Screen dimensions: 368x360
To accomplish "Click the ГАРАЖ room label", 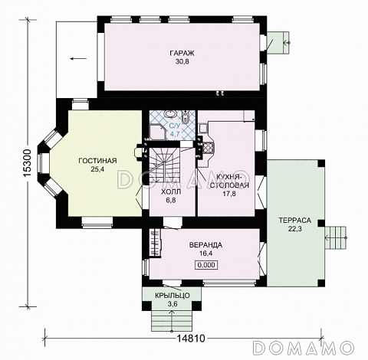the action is [182, 54].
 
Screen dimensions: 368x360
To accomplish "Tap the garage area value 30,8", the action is [182, 62].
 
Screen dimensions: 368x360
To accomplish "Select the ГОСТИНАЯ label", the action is [97, 161].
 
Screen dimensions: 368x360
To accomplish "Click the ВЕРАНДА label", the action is [205, 245].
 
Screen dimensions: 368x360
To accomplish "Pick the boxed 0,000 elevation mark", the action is [206, 265].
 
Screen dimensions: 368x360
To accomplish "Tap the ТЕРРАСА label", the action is [295, 221].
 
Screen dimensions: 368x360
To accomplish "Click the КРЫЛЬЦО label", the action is [172, 296].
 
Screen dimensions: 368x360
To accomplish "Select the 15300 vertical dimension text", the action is [27, 163].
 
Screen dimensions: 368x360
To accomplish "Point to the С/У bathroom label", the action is [175, 126].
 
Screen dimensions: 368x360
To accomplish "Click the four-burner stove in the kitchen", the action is [208, 148].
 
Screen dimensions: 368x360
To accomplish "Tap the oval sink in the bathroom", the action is [169, 114].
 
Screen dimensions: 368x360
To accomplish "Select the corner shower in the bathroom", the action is [157, 132].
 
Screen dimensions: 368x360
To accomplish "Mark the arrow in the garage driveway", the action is [78, 59].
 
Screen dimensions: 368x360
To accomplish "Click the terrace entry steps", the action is [336, 238].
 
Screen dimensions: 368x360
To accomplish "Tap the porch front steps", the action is [172, 320].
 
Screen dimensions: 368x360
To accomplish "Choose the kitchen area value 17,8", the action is [229, 194].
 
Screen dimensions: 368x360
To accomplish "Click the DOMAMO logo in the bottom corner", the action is [304, 348].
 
